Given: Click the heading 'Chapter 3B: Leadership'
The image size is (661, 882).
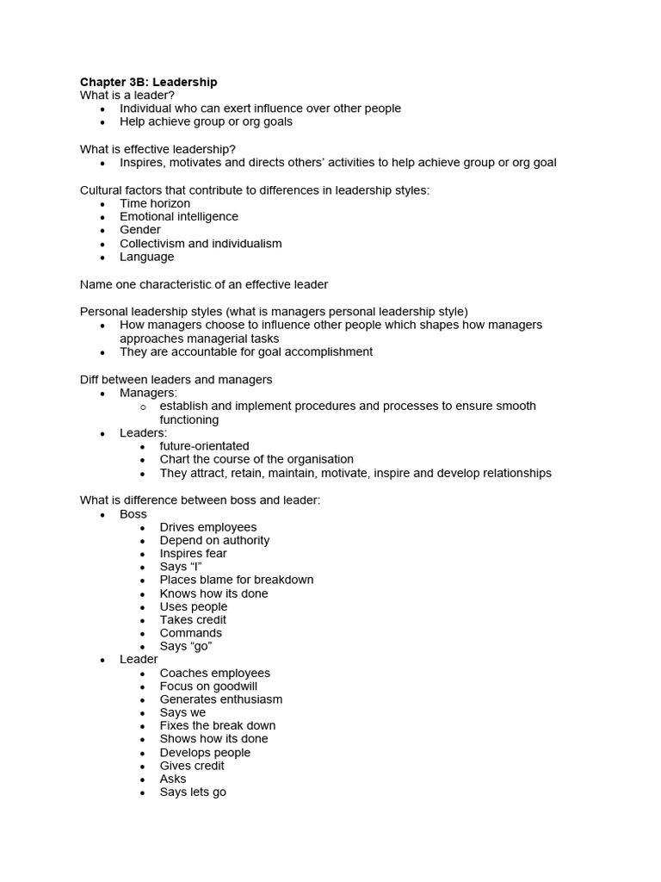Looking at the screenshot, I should (x=148, y=82).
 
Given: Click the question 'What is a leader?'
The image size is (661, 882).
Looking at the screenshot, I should (x=127, y=95).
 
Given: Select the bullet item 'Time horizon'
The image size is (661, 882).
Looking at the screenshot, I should (x=155, y=203).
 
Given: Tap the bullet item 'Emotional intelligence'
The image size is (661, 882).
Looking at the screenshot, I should (x=179, y=216).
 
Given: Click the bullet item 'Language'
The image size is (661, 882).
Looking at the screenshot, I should (x=146, y=257).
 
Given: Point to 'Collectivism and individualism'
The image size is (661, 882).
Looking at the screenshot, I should (x=201, y=243).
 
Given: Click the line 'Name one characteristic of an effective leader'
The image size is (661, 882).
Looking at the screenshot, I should (x=204, y=284).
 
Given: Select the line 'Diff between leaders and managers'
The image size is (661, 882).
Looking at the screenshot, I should (x=176, y=379).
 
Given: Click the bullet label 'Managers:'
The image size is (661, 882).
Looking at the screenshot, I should (x=148, y=393).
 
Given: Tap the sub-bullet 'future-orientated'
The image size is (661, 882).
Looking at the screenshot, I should (x=204, y=446).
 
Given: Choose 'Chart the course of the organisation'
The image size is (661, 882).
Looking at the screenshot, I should (x=256, y=459).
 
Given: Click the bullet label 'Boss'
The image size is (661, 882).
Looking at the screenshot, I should (x=133, y=514).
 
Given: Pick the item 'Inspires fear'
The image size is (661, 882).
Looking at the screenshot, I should (x=193, y=553).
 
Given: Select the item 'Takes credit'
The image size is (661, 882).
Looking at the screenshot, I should (x=193, y=619).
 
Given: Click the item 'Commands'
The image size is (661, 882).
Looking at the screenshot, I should (x=190, y=633).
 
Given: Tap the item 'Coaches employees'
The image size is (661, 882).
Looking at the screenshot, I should (x=214, y=673).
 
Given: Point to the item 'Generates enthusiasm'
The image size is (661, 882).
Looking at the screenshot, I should (x=220, y=699).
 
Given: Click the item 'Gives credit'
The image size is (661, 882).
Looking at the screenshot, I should (x=192, y=766).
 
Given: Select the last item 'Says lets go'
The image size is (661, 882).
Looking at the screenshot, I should (x=193, y=792).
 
